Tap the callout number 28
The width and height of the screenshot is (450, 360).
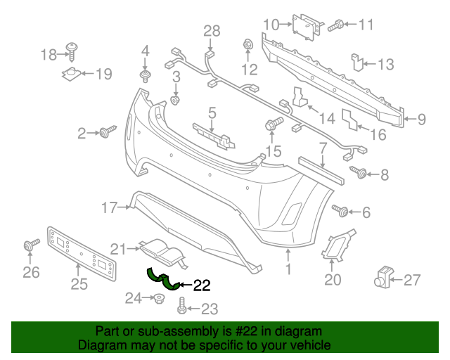point(212,30)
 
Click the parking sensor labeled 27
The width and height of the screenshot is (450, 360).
point(384,279)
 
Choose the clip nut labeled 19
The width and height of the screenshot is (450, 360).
point(73,74)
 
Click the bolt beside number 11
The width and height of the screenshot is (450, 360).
point(335,25)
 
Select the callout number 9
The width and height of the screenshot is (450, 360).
point(421,120)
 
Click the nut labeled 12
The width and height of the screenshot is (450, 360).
point(248,46)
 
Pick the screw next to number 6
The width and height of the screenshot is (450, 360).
point(342,210)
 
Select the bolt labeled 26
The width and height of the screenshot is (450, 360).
point(30,245)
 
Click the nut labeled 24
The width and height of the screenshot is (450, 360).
point(159,299)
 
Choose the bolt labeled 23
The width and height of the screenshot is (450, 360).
point(182,307)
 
